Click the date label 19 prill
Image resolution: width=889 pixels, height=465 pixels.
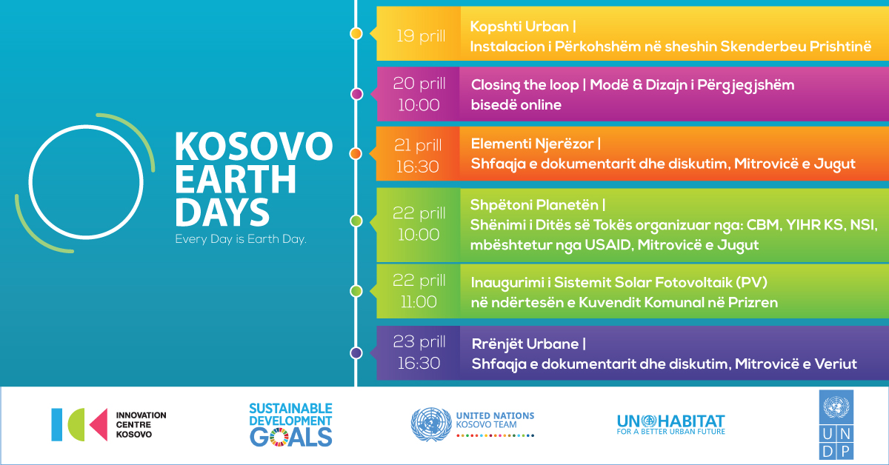click(421, 36)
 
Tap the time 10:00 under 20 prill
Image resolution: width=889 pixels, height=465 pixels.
click(419, 105)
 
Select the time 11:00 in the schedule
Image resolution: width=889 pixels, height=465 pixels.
click(419, 302)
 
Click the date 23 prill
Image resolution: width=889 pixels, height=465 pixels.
click(419, 341)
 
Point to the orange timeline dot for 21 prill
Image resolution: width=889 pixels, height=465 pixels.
click(356, 153)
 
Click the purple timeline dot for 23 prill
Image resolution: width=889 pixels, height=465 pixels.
click(356, 352)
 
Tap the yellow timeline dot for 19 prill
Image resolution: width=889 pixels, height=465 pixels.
click(356, 34)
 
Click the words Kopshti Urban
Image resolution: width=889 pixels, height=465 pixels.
click(519, 27)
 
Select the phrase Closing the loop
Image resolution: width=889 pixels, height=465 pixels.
click(525, 85)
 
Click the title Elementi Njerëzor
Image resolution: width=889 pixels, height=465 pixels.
click(532, 144)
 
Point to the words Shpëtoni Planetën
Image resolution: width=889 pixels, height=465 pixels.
click(534, 205)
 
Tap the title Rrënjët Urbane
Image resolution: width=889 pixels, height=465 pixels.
click(525, 344)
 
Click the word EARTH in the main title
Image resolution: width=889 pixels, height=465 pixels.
click(236, 179)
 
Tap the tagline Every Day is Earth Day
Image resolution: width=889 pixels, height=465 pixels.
click(241, 239)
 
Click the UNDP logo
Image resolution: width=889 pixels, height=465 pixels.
click(836, 424)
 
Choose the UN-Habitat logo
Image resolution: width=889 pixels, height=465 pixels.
click(670, 424)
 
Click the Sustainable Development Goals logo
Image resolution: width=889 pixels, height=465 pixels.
click(291, 424)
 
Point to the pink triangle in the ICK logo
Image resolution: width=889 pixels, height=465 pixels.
click(99, 424)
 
